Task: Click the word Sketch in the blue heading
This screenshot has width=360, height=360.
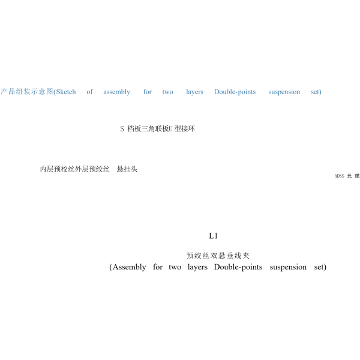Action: (66, 92)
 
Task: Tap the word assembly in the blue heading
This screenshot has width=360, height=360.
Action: (116, 92)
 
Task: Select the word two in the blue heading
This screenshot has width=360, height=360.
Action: (167, 92)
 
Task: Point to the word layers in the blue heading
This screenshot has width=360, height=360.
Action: (194, 92)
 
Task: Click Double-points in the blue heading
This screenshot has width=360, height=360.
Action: (235, 92)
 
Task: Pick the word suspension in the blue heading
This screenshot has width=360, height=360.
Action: (284, 92)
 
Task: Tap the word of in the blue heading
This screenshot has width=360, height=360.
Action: (89, 92)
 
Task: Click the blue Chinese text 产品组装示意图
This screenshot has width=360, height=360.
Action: (26, 92)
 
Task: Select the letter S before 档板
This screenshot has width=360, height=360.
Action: (122, 129)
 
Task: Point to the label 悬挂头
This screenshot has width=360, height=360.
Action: (128, 169)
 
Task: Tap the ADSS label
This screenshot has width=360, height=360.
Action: (339, 176)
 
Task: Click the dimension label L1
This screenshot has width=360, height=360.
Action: (213, 236)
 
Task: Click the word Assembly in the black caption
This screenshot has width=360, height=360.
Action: (128, 267)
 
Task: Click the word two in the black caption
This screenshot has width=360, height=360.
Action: (175, 267)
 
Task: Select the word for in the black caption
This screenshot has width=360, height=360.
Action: (157, 267)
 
